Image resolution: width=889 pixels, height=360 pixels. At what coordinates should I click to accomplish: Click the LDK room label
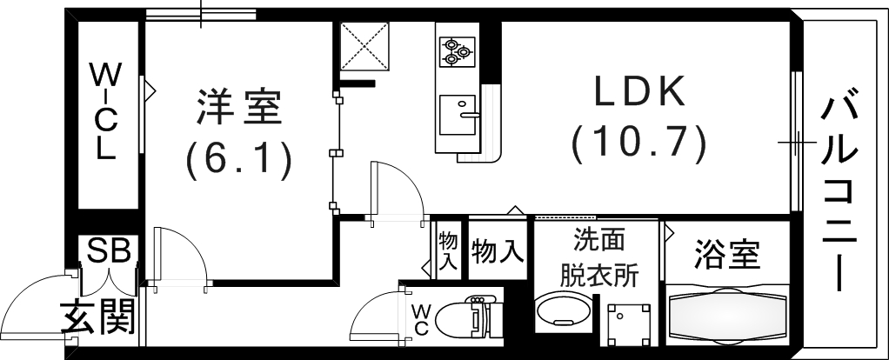[639, 92]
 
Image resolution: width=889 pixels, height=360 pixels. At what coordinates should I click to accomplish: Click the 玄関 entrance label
[99, 317]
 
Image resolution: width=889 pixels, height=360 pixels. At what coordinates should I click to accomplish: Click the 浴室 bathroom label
[727, 255]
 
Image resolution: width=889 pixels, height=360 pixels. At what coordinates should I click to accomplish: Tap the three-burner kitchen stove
[455, 51]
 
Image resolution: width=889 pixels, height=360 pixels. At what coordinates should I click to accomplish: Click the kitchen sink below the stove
[458, 114]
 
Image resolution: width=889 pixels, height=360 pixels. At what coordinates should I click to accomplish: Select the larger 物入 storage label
[498, 253]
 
